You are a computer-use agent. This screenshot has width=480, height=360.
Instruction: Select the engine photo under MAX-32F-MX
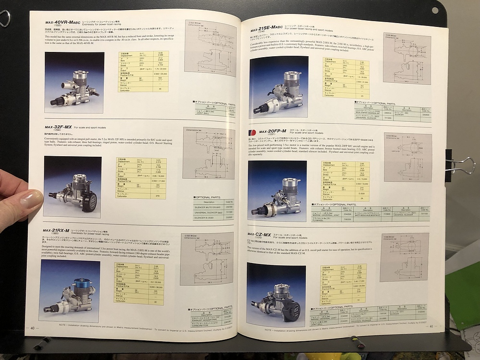tap(72, 186)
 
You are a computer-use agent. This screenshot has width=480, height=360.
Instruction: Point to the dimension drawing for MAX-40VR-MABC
tap(210, 48)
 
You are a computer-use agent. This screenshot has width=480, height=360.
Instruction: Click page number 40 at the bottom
tap(33, 328)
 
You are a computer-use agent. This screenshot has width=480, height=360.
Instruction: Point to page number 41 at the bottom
tap(431, 327)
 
